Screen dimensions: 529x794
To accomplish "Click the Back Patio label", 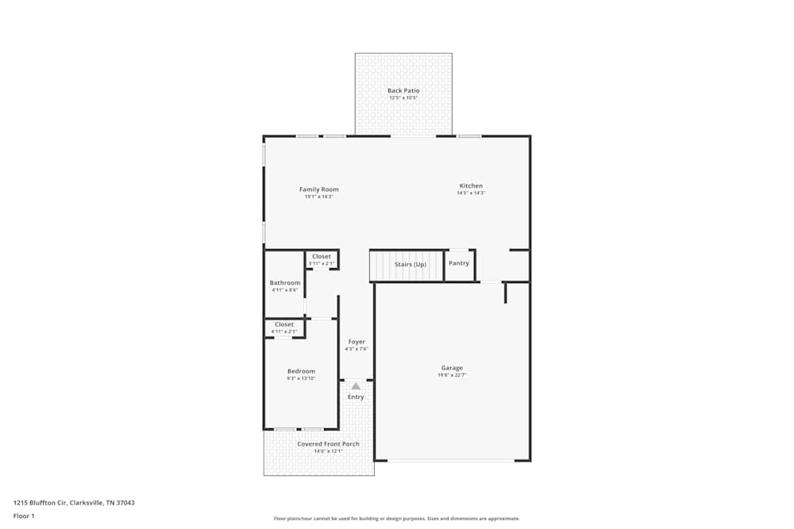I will click(x=403, y=90).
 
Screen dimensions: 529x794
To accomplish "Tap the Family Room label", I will click(x=318, y=190).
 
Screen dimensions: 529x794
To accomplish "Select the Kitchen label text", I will click(x=470, y=186).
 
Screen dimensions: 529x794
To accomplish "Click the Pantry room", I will click(x=459, y=263).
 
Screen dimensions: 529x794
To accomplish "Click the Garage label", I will click(x=452, y=368).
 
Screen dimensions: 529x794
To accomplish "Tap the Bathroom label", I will click(x=285, y=283).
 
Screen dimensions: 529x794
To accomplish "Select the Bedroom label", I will click(x=301, y=371).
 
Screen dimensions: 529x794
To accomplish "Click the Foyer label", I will click(x=357, y=342).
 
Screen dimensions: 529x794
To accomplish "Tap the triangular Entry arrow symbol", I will click(x=356, y=386).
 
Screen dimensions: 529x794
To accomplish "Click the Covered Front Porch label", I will click(x=328, y=444).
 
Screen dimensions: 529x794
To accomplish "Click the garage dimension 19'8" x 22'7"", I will click(x=452, y=375).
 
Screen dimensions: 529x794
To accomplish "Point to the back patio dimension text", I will click(x=403, y=98).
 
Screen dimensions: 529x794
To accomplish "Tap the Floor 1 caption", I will click(x=24, y=516).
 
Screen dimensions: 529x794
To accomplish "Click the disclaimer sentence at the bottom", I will click(x=396, y=519).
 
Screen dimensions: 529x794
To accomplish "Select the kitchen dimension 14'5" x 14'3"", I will click(x=470, y=193).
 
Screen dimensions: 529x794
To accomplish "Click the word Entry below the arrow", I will click(x=356, y=397).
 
